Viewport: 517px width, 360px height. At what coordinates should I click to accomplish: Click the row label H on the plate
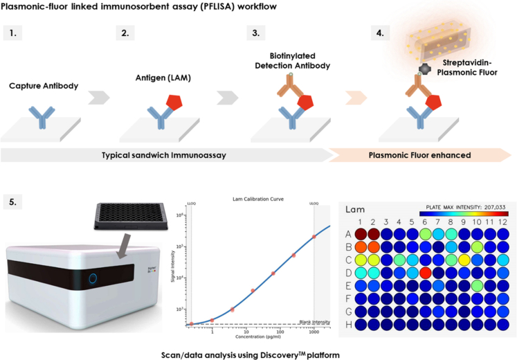[x=349, y=324]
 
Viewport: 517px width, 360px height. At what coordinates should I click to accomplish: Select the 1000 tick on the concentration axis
[x=313, y=332]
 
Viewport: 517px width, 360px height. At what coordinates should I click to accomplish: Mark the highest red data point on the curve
[x=314, y=237]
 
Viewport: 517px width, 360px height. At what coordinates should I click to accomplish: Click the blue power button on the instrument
[x=93, y=280]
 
